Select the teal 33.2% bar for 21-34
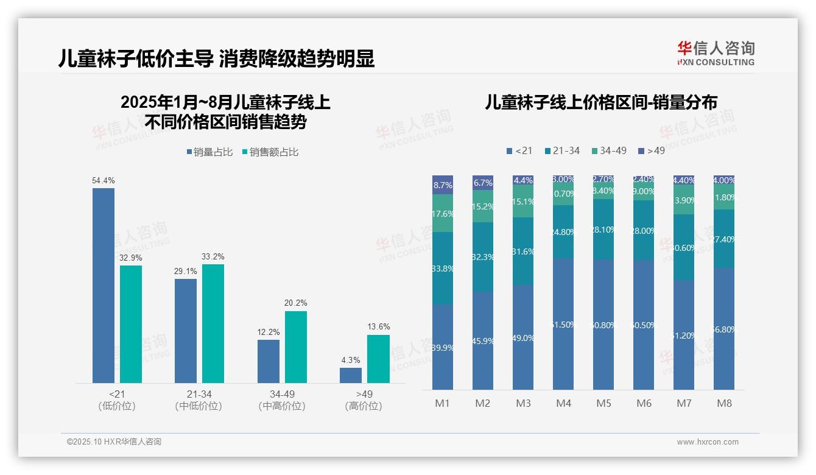click(213, 323)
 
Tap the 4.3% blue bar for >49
click(351, 375)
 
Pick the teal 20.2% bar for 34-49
click(296, 347)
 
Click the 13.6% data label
click(378, 327)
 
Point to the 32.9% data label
click(131, 258)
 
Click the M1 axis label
click(442, 403)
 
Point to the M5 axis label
click(603, 403)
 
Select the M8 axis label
click(724, 403)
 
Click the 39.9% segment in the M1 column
click(443, 347)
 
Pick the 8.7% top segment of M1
click(443, 185)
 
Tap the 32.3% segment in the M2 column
click(483, 257)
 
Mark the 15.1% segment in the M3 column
click(523, 202)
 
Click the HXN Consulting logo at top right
click(716, 54)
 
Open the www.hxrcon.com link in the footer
click(708, 442)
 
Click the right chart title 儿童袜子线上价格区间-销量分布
click(600, 102)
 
